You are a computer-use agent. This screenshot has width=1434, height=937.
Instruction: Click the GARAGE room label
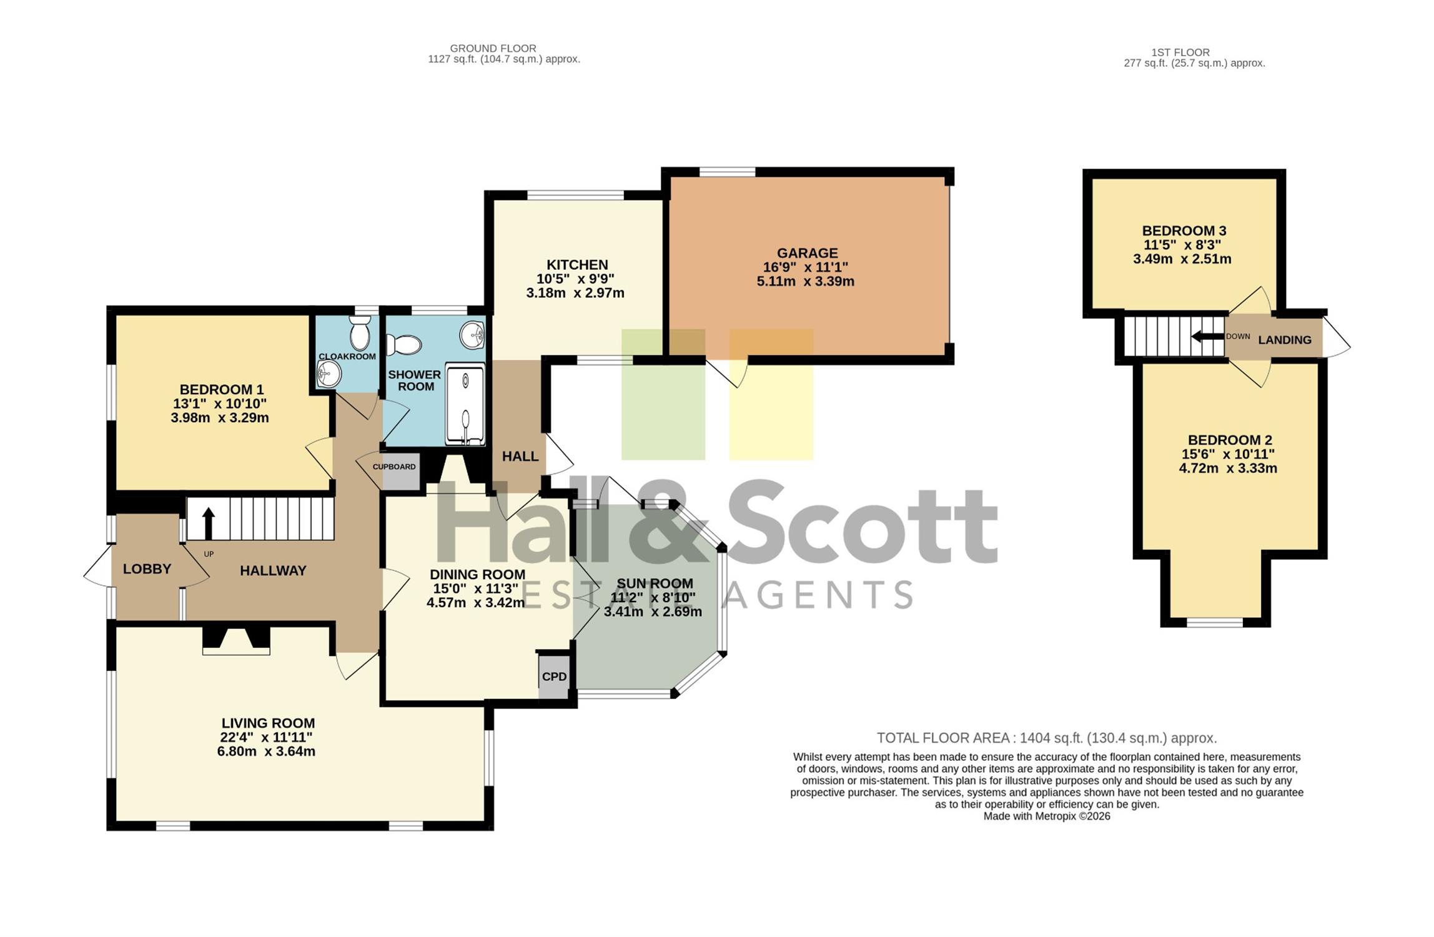click(x=807, y=253)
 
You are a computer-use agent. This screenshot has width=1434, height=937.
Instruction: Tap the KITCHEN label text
click(x=577, y=265)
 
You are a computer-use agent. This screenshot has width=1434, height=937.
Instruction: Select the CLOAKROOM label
click(x=347, y=357)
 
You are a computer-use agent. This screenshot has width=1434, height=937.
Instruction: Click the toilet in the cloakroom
click(x=360, y=332)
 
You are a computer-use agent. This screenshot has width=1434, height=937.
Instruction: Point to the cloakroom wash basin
click(x=329, y=374)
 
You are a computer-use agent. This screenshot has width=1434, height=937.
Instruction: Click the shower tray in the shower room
click(x=465, y=405)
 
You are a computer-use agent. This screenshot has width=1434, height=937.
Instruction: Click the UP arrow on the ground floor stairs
click(x=209, y=523)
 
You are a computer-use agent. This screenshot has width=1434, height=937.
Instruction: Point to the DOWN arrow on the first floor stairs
click(x=1207, y=337)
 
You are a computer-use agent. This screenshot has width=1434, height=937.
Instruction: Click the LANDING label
click(x=1285, y=340)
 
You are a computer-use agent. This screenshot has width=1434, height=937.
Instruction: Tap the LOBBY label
click(x=147, y=569)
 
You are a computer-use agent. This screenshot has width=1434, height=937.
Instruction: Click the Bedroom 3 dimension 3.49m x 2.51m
click(x=1182, y=259)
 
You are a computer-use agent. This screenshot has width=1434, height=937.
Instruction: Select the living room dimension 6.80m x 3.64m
click(x=266, y=751)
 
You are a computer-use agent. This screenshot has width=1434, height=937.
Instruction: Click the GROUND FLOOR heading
click(x=493, y=48)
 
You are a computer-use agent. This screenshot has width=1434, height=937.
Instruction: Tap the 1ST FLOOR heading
click(x=1180, y=52)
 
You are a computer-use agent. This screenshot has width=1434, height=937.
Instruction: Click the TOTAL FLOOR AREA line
click(x=1047, y=738)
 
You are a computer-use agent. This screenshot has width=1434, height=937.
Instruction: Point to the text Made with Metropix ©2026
click(x=1047, y=816)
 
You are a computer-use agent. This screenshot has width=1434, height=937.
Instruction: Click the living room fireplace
click(x=236, y=640)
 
